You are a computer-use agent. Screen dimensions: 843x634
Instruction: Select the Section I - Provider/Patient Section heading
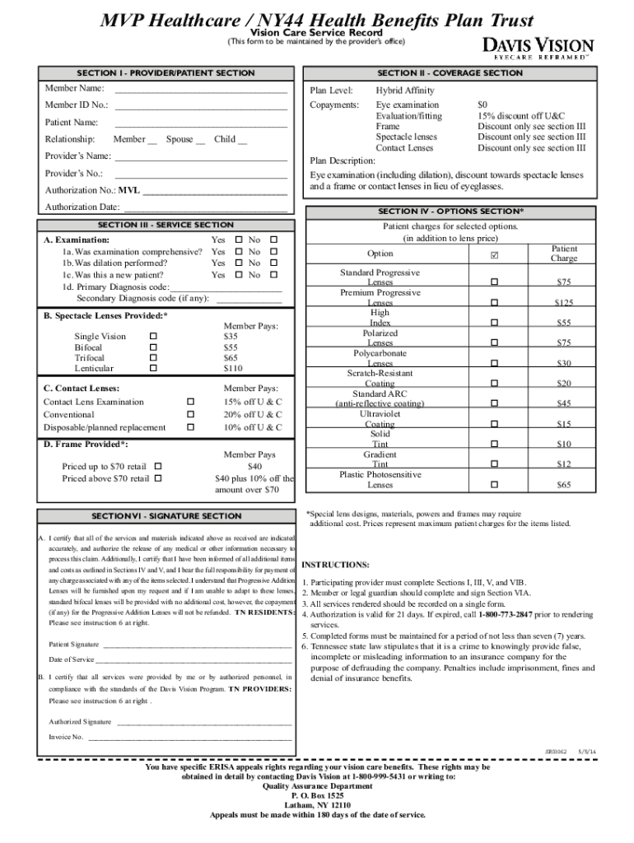pos(165,73)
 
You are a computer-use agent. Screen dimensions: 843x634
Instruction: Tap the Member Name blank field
pos(201,89)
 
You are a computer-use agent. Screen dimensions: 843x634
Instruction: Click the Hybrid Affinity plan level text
pos(404,91)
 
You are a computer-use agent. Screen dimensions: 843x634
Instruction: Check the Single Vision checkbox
pos(153,336)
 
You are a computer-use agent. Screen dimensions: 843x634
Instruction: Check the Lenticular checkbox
pos(153,368)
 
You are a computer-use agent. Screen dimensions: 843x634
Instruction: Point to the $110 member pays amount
pos(233,369)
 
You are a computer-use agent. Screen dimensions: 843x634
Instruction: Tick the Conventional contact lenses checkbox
pos(190,415)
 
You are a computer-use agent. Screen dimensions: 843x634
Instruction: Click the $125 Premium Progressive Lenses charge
pos(563,303)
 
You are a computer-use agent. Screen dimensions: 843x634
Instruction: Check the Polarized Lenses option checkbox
pos(494,342)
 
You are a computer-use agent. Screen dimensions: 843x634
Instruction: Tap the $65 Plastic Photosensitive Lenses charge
pos(563,486)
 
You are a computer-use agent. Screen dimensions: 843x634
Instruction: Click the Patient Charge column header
pos(564,254)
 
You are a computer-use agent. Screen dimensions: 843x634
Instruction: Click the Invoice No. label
pos(66,737)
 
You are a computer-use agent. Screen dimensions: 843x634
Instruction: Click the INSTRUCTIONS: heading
pos(336,565)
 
